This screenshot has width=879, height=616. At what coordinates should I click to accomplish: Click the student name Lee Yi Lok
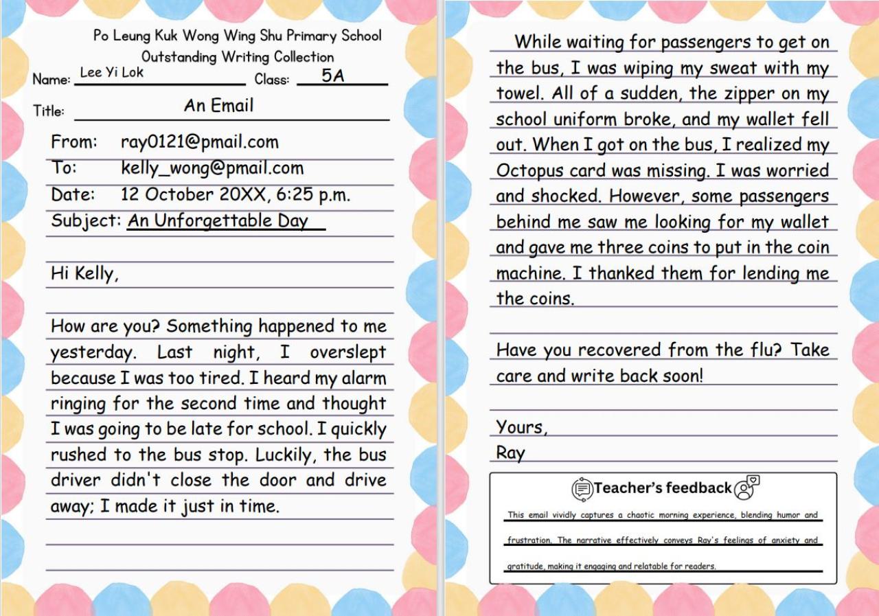(x=111, y=72)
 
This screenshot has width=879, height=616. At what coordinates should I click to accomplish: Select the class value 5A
(x=333, y=76)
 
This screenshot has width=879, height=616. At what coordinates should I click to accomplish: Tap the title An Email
(x=218, y=106)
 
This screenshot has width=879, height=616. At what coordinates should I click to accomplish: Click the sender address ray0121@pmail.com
(x=199, y=142)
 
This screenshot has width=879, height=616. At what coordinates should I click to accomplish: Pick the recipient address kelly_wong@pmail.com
(x=212, y=168)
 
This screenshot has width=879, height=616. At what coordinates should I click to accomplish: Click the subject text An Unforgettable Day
(x=218, y=220)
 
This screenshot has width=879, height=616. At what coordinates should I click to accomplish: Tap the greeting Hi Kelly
(x=84, y=273)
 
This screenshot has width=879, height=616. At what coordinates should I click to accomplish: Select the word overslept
(x=347, y=352)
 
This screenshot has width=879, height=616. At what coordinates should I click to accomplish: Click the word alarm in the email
(x=364, y=378)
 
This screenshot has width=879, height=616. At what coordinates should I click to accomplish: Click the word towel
(x=518, y=93)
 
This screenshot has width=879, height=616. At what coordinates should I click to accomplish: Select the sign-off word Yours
(x=521, y=427)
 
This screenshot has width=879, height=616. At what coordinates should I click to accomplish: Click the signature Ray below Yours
(x=510, y=453)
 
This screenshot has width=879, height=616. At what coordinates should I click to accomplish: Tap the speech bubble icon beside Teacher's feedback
(x=582, y=489)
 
